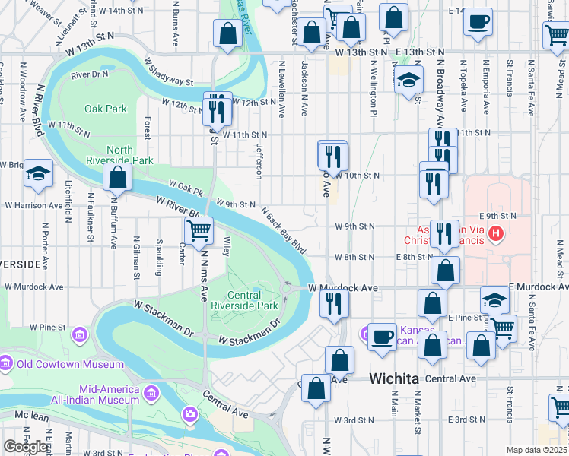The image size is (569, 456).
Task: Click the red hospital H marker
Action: pyautogui.click(x=496, y=233)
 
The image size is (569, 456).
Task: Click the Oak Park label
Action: pyautogui.click(x=106, y=109)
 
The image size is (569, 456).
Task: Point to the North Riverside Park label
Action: pyautogui.click(x=129, y=155)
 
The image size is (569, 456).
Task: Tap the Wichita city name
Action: pyautogui.click(x=393, y=378)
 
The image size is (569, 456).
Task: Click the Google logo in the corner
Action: pyautogui.click(x=26, y=447)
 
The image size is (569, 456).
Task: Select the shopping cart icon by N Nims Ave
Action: pyautogui.click(x=199, y=230)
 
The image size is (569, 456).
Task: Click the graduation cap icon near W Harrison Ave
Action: pyautogui.click(x=38, y=174)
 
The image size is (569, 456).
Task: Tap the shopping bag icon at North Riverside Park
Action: pyautogui.click(x=117, y=179)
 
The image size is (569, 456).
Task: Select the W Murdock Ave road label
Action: pyautogui.click(x=343, y=288)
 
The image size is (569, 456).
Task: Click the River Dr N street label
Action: pyautogui.click(x=90, y=75)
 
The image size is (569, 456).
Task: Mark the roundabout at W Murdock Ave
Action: pyautogui.click(x=288, y=289)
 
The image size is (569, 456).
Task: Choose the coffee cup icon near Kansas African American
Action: pyautogui.click(x=382, y=336)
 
